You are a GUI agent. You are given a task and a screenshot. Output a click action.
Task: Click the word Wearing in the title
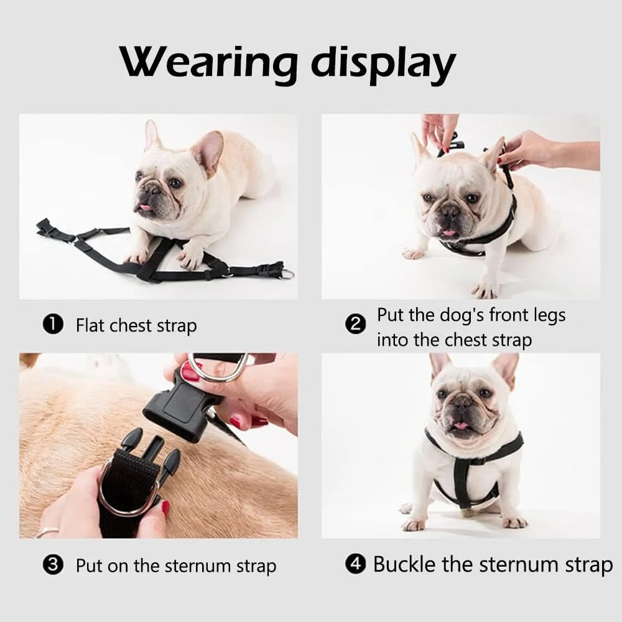click(208, 63)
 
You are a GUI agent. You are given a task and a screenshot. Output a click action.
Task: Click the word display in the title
click(383, 63)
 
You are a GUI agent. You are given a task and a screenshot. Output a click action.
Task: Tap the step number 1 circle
click(53, 325)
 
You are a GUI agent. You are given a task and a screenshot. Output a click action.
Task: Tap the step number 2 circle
click(356, 325)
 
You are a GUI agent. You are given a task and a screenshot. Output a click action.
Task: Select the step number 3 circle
click(53, 564)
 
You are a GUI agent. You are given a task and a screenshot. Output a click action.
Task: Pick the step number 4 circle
click(355, 564)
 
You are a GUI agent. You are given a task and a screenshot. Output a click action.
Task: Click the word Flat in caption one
click(90, 325)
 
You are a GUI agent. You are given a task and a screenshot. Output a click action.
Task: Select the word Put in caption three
click(89, 565)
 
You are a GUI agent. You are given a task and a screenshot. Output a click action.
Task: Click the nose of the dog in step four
click(462, 401)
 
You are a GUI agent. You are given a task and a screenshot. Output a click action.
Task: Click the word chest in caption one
click(131, 325)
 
